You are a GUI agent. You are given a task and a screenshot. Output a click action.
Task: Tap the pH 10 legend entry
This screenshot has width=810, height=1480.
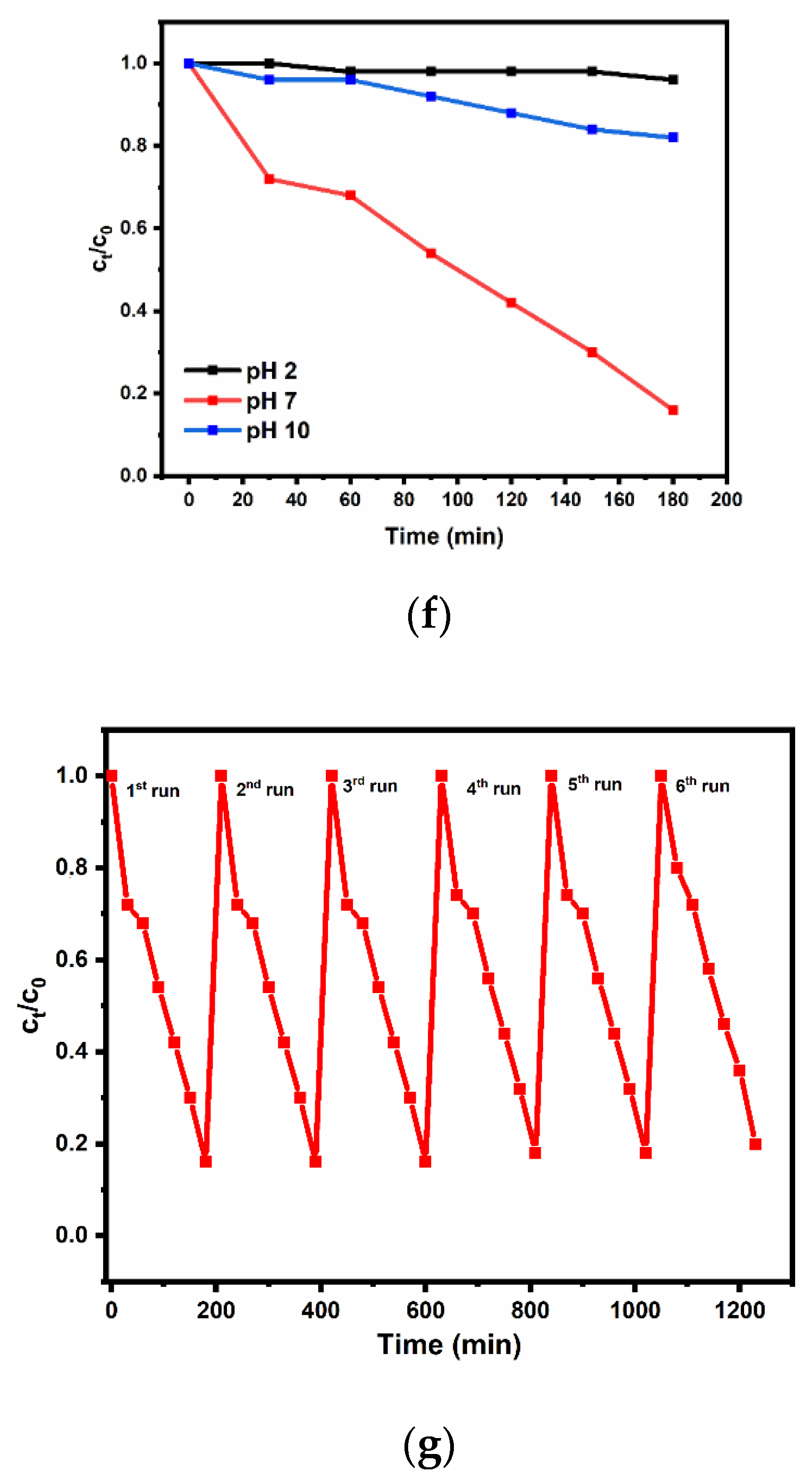click(x=277, y=431)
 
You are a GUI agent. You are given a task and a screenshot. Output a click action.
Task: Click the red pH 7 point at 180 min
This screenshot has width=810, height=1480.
click(x=672, y=410)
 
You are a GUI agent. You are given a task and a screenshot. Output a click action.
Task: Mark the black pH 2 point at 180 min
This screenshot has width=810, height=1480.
click(x=672, y=80)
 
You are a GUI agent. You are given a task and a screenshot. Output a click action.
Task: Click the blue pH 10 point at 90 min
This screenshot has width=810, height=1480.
click(x=431, y=97)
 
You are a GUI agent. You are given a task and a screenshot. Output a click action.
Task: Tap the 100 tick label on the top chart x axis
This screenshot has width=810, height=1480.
click(x=457, y=500)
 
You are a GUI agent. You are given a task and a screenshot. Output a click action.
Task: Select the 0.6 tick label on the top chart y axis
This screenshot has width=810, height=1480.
click(x=133, y=228)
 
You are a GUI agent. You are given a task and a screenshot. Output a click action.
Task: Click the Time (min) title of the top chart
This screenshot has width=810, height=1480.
click(x=444, y=537)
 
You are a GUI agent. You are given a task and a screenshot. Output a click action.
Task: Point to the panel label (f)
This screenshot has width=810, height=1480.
click(x=428, y=615)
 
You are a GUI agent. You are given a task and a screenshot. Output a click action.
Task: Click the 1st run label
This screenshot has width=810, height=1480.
click(x=153, y=790)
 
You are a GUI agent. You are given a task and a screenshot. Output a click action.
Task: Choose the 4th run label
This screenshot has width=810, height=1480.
click(x=493, y=788)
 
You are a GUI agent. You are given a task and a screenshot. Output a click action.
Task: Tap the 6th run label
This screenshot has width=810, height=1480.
click(x=702, y=785)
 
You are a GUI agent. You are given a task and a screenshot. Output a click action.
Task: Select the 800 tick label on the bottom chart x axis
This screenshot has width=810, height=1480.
click(x=529, y=1310)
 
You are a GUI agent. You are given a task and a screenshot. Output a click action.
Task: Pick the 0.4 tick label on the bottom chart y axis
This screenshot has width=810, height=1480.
click(x=71, y=1051)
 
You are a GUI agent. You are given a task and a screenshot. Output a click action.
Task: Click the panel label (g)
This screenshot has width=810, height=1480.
click(x=428, y=1445)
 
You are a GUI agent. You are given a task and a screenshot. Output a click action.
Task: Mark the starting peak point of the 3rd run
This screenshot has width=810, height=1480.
click(x=332, y=776)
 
